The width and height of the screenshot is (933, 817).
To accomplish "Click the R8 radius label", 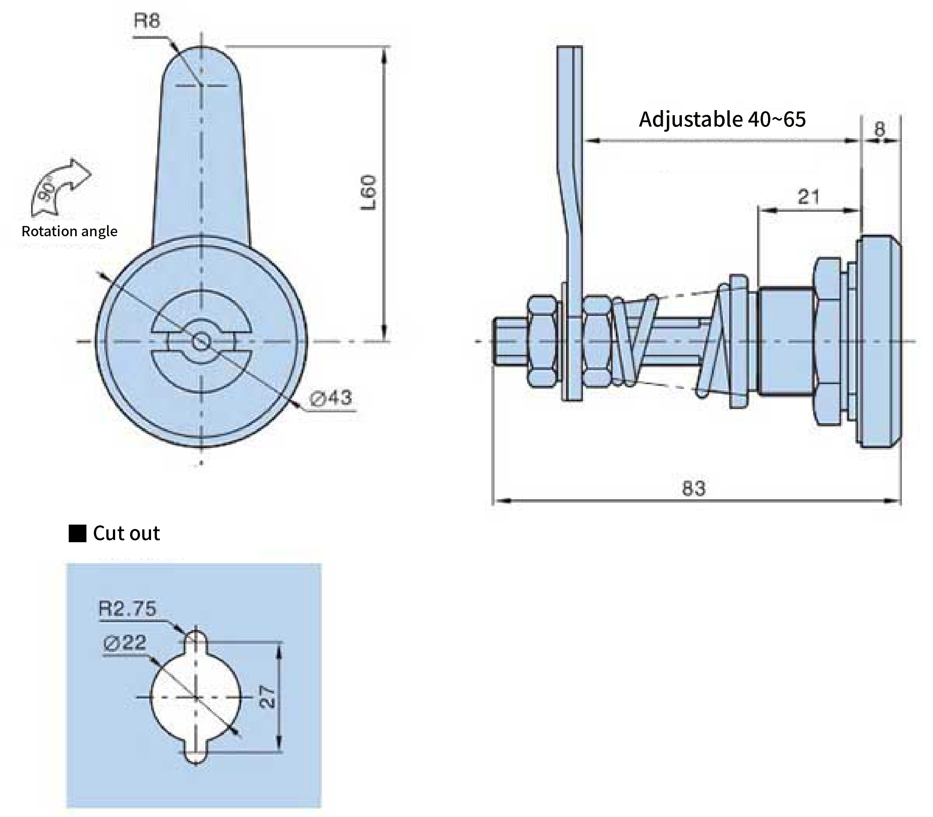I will [147, 21].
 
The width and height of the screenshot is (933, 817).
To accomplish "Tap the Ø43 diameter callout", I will [331, 398].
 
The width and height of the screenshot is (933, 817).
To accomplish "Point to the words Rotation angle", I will [69, 231].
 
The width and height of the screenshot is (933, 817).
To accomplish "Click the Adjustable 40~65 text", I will [722, 119].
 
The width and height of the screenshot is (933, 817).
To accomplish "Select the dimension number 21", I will [809, 197].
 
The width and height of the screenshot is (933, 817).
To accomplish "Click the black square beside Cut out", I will [77, 533].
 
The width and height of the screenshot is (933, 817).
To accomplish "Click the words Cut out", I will [126, 533].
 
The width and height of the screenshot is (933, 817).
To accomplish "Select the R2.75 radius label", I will [128, 609].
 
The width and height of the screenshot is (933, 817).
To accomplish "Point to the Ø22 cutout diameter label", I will [125, 642].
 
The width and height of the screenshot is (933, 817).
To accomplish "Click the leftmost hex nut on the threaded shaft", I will [543, 341].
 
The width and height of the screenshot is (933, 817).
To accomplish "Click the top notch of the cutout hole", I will [196, 635].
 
